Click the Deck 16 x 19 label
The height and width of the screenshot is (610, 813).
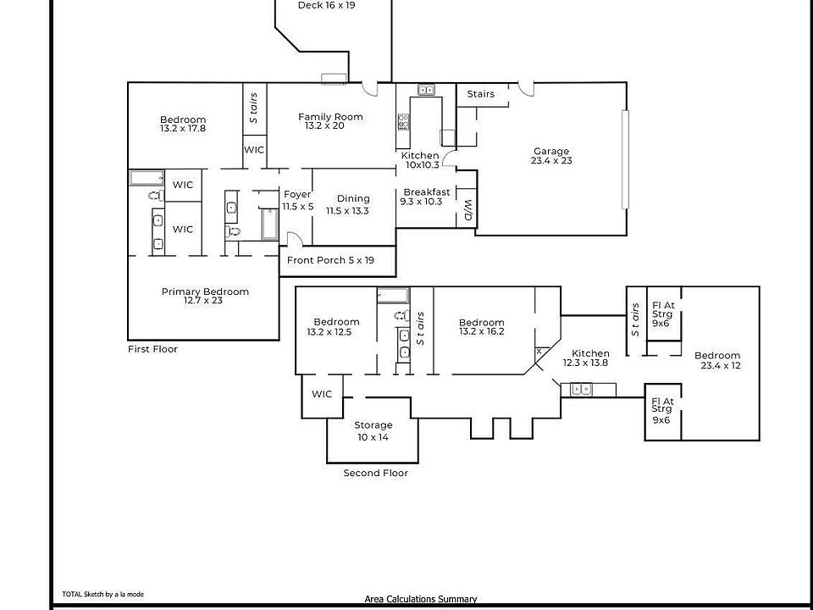point(326,5)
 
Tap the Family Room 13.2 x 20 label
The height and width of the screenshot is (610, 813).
point(330,121)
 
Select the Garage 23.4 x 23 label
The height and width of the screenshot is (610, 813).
point(551,156)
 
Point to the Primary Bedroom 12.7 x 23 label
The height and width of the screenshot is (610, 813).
point(205,296)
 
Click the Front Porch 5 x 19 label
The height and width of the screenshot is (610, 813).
point(330,260)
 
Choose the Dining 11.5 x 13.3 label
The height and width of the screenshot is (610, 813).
point(353,205)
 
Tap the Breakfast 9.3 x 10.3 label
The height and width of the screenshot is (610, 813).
point(426,197)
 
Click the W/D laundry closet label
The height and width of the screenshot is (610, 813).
point(467,211)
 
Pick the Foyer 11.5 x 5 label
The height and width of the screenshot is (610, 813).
point(297,200)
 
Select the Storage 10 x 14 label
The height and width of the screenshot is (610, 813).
point(373,430)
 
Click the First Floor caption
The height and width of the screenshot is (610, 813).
point(152,349)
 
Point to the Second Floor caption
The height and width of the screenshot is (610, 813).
point(375,474)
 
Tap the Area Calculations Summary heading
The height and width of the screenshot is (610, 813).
point(421,599)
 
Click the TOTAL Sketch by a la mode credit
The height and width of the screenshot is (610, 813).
point(102,595)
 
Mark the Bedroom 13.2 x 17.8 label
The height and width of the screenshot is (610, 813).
point(183,124)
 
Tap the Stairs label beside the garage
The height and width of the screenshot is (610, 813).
point(480,94)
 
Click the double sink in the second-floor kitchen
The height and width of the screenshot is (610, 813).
point(581,389)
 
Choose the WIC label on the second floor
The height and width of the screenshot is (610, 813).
point(322,394)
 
